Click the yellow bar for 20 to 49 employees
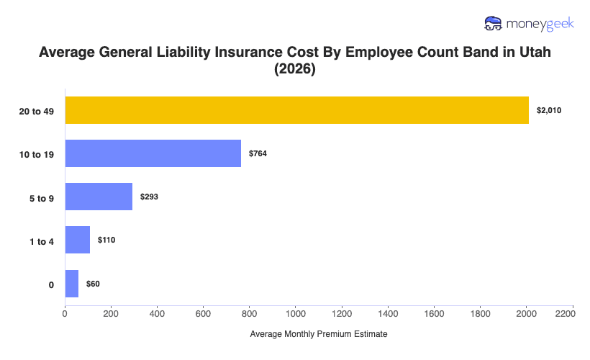pyautogui.click(x=296, y=109)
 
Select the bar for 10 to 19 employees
pyautogui.click(x=153, y=153)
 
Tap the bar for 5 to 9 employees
pyautogui.click(x=99, y=197)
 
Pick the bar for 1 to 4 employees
pyautogui.click(x=78, y=240)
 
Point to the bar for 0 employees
pyautogui.click(x=72, y=284)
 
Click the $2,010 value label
pyautogui.click(x=548, y=110)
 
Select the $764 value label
pyautogui.click(x=258, y=153)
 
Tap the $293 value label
pyautogui.click(x=149, y=197)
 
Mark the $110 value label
pyautogui.click(x=106, y=240)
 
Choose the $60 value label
pyautogui.click(x=93, y=284)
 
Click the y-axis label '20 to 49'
pyautogui.click(x=37, y=110)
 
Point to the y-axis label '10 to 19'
pyautogui.click(x=37, y=154)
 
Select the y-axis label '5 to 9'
pyautogui.click(x=42, y=197)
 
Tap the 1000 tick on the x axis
pyautogui.click(x=296, y=314)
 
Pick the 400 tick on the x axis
pyautogui.click(x=158, y=314)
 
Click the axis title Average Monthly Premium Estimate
pyautogui.click(x=319, y=335)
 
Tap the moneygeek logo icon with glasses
pyautogui.click(x=494, y=23)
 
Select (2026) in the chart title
pyautogui.click(x=295, y=71)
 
